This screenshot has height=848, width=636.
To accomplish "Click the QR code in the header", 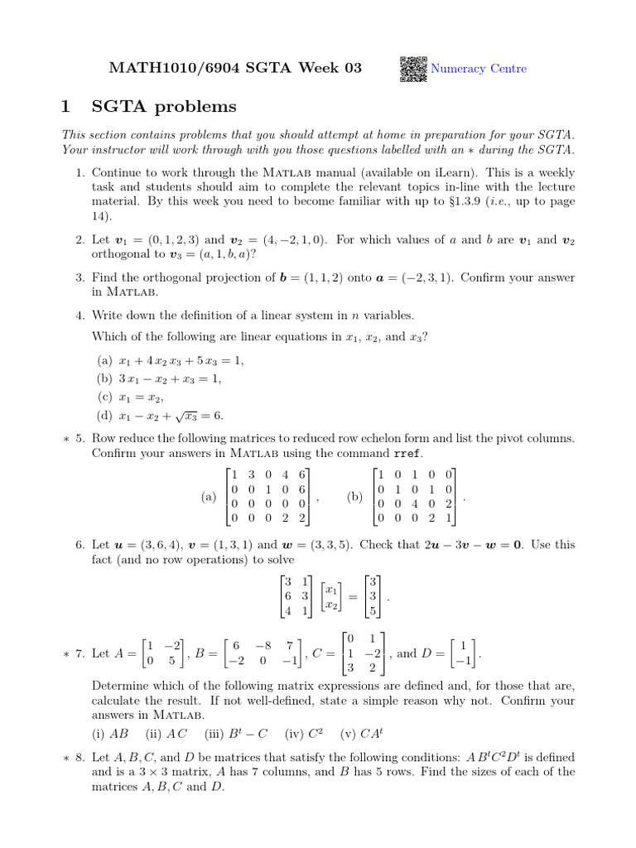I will pyautogui.click(x=414, y=69).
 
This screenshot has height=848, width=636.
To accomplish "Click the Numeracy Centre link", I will pyautogui.click(x=479, y=69).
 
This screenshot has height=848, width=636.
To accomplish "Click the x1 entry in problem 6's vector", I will pyautogui.click(x=330, y=590).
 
